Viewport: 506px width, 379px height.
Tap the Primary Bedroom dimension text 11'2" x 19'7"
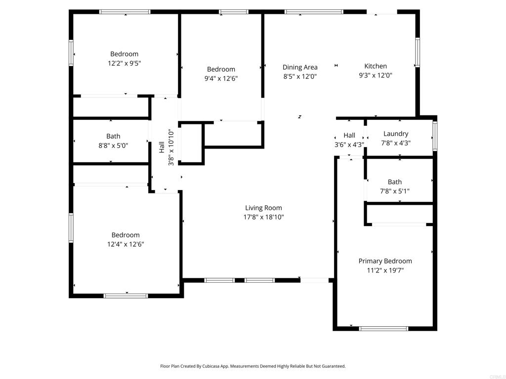click(385, 270)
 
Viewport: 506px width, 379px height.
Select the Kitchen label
click(376, 66)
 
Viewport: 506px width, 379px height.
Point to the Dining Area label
click(300, 67)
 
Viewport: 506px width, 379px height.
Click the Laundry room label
click(396, 134)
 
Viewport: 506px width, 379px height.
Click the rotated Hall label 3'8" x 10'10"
click(166, 147)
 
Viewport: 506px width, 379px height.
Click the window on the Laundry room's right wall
click(435, 136)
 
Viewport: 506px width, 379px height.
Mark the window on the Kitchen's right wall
click(418, 52)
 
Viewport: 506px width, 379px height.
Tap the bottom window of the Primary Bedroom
click(383, 328)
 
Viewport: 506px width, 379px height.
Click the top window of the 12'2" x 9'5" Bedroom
click(125, 11)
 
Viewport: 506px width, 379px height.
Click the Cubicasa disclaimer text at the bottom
click(253, 366)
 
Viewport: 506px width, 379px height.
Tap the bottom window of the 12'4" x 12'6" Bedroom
click(126, 296)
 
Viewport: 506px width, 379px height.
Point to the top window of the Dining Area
click(314, 11)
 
